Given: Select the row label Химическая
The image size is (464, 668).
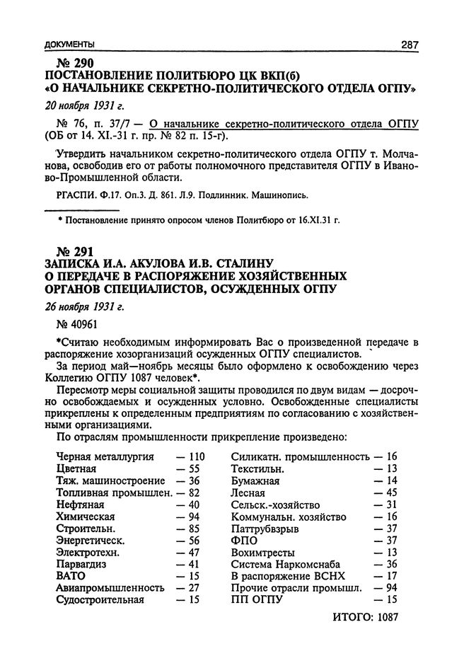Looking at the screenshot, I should click(86, 517).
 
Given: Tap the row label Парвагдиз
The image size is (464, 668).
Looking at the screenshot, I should click(85, 564).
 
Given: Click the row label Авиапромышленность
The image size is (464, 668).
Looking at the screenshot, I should click(110, 588).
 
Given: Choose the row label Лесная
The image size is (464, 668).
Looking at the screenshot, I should click(248, 493).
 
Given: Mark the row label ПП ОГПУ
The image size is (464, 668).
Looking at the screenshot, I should click(257, 600).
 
